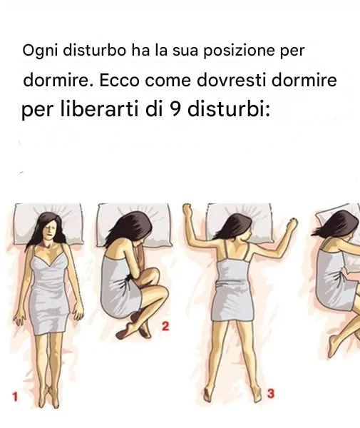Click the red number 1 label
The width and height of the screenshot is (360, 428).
15,397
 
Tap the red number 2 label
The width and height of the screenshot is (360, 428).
165,326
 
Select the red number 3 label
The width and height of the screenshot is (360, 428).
270,394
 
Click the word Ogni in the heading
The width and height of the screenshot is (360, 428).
40,51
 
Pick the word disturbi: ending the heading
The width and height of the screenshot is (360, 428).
229,108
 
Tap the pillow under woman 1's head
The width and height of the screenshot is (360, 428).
48,224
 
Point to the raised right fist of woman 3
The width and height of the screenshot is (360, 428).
293,223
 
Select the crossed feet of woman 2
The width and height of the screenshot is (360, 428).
133,328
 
